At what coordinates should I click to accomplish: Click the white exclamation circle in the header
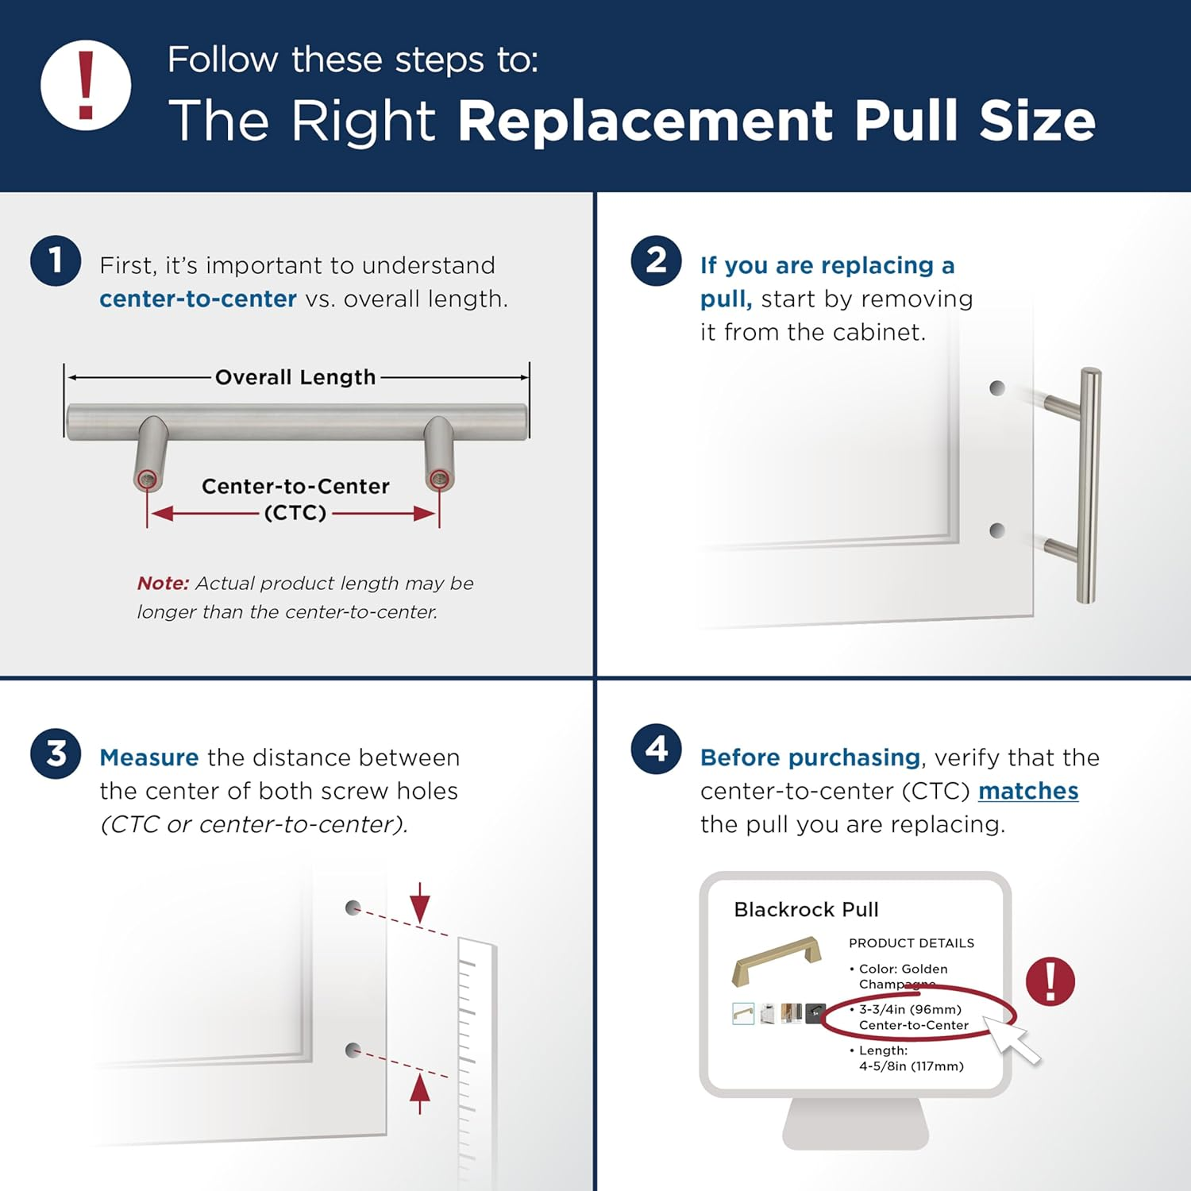86,85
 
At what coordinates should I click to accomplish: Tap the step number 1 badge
56,260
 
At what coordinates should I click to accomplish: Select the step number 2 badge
656,260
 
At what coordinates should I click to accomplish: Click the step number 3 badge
56,754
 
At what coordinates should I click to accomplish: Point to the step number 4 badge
656,749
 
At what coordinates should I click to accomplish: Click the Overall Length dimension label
295,377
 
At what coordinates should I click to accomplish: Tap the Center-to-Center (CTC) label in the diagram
295,499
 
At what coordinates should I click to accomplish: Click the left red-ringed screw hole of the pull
147,479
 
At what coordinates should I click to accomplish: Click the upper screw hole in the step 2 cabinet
997,388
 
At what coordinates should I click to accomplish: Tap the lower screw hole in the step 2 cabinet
997,530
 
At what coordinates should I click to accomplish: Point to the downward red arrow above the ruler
420,904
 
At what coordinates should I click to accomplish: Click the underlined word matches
1027,791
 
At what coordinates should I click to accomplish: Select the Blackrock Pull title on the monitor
806,909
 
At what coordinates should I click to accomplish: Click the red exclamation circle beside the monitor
1050,981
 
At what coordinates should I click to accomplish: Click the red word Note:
163,584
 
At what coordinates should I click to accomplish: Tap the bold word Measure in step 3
148,757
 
